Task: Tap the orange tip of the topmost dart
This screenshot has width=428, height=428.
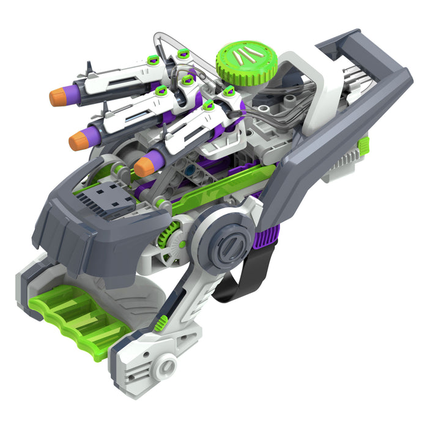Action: pyautogui.click(x=57, y=97)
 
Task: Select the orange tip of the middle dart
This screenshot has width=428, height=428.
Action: pyautogui.click(x=78, y=140)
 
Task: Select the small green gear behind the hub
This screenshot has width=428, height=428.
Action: pyautogui.click(x=168, y=235)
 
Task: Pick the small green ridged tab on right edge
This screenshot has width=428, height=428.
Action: pyautogui.click(x=364, y=146)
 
